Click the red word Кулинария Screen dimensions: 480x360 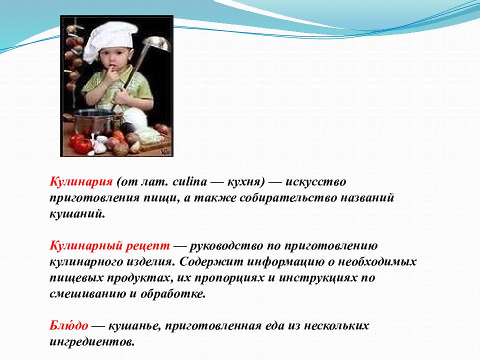pyautogui.click(x=81, y=182)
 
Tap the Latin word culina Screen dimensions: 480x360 pyautogui.click(x=190, y=181)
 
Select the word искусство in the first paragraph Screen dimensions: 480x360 pyautogui.click(x=315, y=182)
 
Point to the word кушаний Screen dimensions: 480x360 pyautogui.click(x=77, y=213)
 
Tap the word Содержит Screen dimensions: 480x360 pyautogui.click(x=211, y=262)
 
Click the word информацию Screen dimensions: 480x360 pyautogui.click(x=285, y=262)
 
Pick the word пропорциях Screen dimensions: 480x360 pyautogui.click(x=229, y=278)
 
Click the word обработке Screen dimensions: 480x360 pyautogui.click(x=173, y=294)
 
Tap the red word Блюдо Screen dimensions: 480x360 pyautogui.click(x=68, y=325)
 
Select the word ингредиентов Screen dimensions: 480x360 pyautogui.click(x=92, y=341)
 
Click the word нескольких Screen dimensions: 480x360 pyautogui.click(x=336, y=325)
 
